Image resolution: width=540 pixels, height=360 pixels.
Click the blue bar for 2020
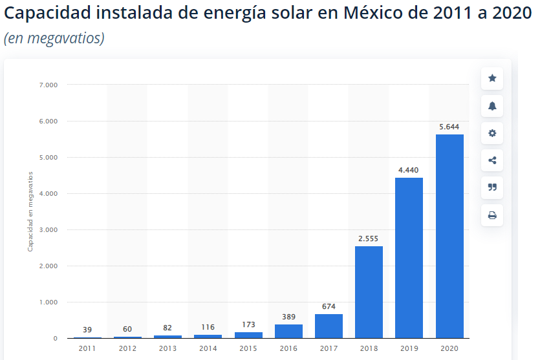[449, 236]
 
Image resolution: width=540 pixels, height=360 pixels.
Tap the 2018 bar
[369, 291]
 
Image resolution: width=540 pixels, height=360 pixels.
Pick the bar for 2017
[329, 326]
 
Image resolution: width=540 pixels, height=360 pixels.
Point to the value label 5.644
[449, 127]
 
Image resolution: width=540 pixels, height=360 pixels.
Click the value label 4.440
[409, 170]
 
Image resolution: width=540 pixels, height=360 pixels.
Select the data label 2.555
[369, 238]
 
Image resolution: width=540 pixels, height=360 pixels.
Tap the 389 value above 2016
[288, 317]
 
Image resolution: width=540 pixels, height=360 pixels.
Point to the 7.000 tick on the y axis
[49, 85]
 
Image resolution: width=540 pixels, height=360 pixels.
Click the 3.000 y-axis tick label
[49, 229]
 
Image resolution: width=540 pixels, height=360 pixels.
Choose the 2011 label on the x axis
[87, 348]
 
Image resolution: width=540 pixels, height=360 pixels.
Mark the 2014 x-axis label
[208, 348]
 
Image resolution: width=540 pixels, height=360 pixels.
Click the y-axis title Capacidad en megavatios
[30, 211]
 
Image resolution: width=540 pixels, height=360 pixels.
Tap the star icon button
[492, 78]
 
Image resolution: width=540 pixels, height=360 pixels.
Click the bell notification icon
[492, 106]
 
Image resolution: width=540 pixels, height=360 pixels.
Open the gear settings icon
[492, 133]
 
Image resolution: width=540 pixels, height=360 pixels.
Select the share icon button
[492, 160]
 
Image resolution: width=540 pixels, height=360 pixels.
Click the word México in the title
[369, 13]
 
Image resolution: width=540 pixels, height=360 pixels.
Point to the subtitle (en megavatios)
[54, 38]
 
